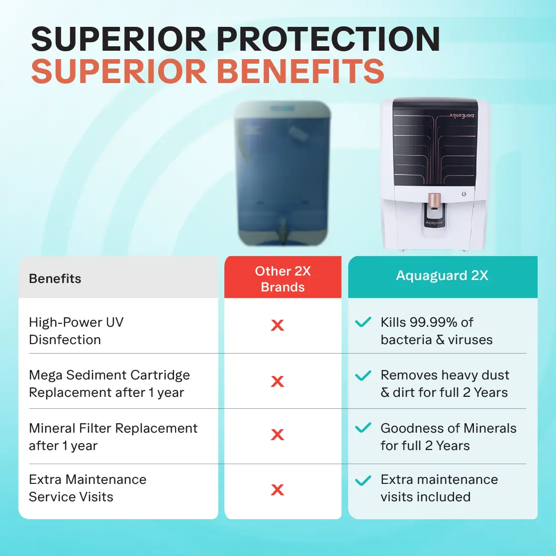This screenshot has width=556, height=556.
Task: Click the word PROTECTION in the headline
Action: click(x=328, y=39)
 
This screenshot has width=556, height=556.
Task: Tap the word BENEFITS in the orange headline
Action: click(x=300, y=71)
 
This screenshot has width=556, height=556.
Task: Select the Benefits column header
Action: click(x=55, y=278)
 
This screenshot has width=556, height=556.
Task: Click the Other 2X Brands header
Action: click(x=282, y=279)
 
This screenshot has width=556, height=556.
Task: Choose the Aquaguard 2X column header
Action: click(x=442, y=276)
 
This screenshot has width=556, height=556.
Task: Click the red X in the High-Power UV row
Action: click(x=278, y=325)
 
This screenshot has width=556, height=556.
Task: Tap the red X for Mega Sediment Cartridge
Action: click(x=278, y=381)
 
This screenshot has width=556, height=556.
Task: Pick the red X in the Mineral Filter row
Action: click(x=278, y=435)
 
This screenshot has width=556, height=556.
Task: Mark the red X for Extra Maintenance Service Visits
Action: click(x=278, y=490)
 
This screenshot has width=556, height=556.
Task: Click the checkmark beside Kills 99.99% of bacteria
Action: click(x=363, y=322)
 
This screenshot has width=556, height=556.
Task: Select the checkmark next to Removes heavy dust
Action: click(x=363, y=375)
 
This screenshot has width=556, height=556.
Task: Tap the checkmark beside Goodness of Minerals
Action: click(x=363, y=428)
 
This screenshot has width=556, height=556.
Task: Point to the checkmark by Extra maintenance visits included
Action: click(x=363, y=480)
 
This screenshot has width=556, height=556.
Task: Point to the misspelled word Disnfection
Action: click(x=65, y=340)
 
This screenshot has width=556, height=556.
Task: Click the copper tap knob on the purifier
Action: click(x=434, y=200)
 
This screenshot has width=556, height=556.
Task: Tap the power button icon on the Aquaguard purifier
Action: click(x=464, y=194)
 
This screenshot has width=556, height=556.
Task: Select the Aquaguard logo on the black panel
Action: click(x=462, y=115)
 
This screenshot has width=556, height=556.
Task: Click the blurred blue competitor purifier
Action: click(x=282, y=173)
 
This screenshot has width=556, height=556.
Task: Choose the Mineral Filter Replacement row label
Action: click(x=113, y=437)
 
